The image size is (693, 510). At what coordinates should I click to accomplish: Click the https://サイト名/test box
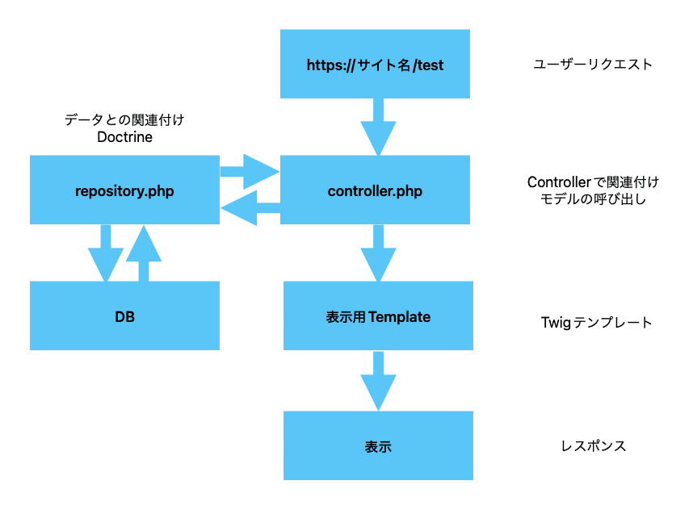click(x=375, y=64)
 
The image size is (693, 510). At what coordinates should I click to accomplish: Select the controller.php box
click(x=375, y=190)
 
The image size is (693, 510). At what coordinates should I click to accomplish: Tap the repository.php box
click(x=124, y=190)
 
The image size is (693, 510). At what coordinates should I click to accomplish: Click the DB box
click(x=124, y=316)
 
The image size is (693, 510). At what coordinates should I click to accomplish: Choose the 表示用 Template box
click(x=378, y=316)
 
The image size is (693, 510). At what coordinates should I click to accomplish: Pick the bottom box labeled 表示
click(x=378, y=445)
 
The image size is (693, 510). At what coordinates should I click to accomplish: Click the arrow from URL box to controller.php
click(x=378, y=127)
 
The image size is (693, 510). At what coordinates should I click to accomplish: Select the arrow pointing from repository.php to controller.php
click(x=250, y=171)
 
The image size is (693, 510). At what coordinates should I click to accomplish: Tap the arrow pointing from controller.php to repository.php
click(x=250, y=208)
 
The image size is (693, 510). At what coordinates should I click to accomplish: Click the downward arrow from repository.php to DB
click(x=106, y=253)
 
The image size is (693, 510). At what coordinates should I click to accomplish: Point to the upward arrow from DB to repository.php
click(x=144, y=253)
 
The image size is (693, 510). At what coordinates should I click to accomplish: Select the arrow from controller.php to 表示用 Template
click(x=378, y=253)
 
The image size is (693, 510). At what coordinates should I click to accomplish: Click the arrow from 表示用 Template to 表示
click(x=378, y=381)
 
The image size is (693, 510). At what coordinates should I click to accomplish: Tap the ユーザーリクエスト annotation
click(x=593, y=65)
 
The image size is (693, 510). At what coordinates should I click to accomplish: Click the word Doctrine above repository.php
click(x=124, y=137)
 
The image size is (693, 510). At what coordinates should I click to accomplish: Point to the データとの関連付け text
click(x=124, y=119)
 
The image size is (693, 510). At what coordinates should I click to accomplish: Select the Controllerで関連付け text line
click(x=593, y=182)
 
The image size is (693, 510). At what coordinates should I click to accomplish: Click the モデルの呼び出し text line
click(x=593, y=199)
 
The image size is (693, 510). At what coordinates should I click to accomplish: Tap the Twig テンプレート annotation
click(x=596, y=323)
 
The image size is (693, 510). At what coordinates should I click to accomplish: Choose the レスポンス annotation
click(x=593, y=446)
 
